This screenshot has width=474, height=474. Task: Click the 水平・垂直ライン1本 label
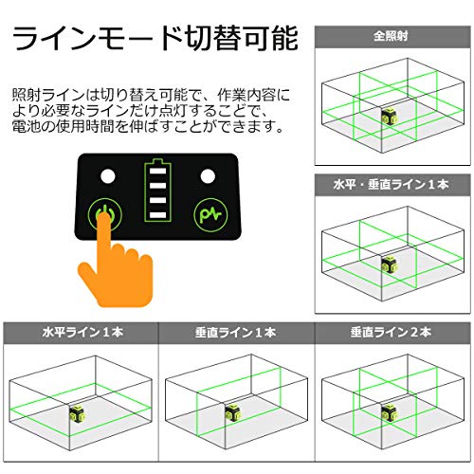[x=391, y=183]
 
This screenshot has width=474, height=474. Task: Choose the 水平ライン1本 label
[x=78, y=334]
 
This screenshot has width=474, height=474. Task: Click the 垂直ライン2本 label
[x=391, y=334]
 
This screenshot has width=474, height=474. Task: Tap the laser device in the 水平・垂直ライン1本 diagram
[x=390, y=264]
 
